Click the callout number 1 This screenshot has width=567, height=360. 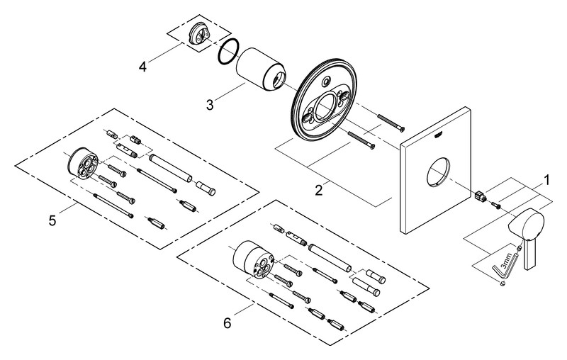546,179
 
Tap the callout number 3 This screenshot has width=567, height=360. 210,105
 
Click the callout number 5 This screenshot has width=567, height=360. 52,220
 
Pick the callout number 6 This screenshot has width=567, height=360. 227,323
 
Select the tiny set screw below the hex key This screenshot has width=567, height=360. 503,284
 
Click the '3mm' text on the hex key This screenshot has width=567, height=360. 507,263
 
